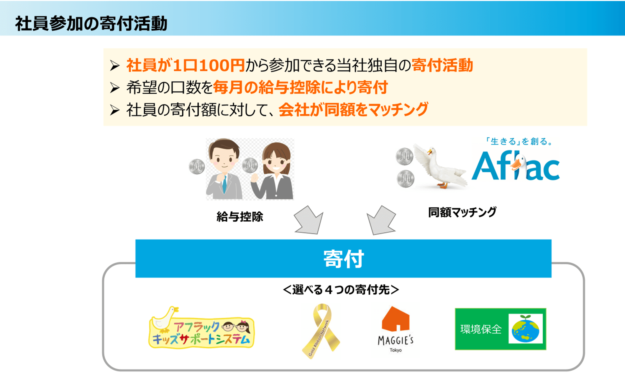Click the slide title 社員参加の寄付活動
pyautogui.click(x=91, y=23)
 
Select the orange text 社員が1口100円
pyautogui.click(x=186, y=65)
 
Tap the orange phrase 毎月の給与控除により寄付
pyautogui.click(x=300, y=87)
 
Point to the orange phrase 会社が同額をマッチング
pyautogui.click(x=353, y=110)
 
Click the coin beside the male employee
pyautogui.click(x=197, y=167)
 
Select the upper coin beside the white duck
pyautogui.click(x=404, y=156)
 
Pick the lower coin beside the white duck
pyautogui.click(x=406, y=179)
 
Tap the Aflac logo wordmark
pyautogui.click(x=516, y=166)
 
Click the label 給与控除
pyautogui.click(x=240, y=217)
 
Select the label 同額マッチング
pyautogui.click(x=462, y=212)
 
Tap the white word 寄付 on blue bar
pyautogui.click(x=344, y=259)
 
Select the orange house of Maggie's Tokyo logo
pyautogui.click(x=395, y=319)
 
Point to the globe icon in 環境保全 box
pyautogui.click(x=526, y=329)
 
